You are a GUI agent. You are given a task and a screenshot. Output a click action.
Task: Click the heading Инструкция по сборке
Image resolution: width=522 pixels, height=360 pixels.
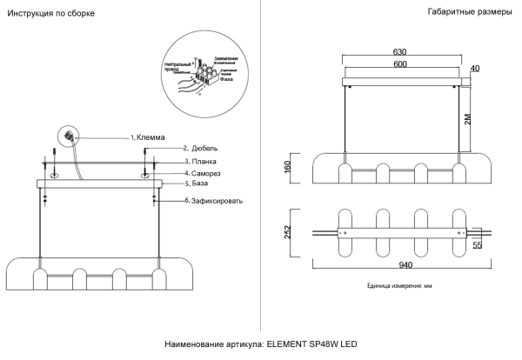click(51, 15)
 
